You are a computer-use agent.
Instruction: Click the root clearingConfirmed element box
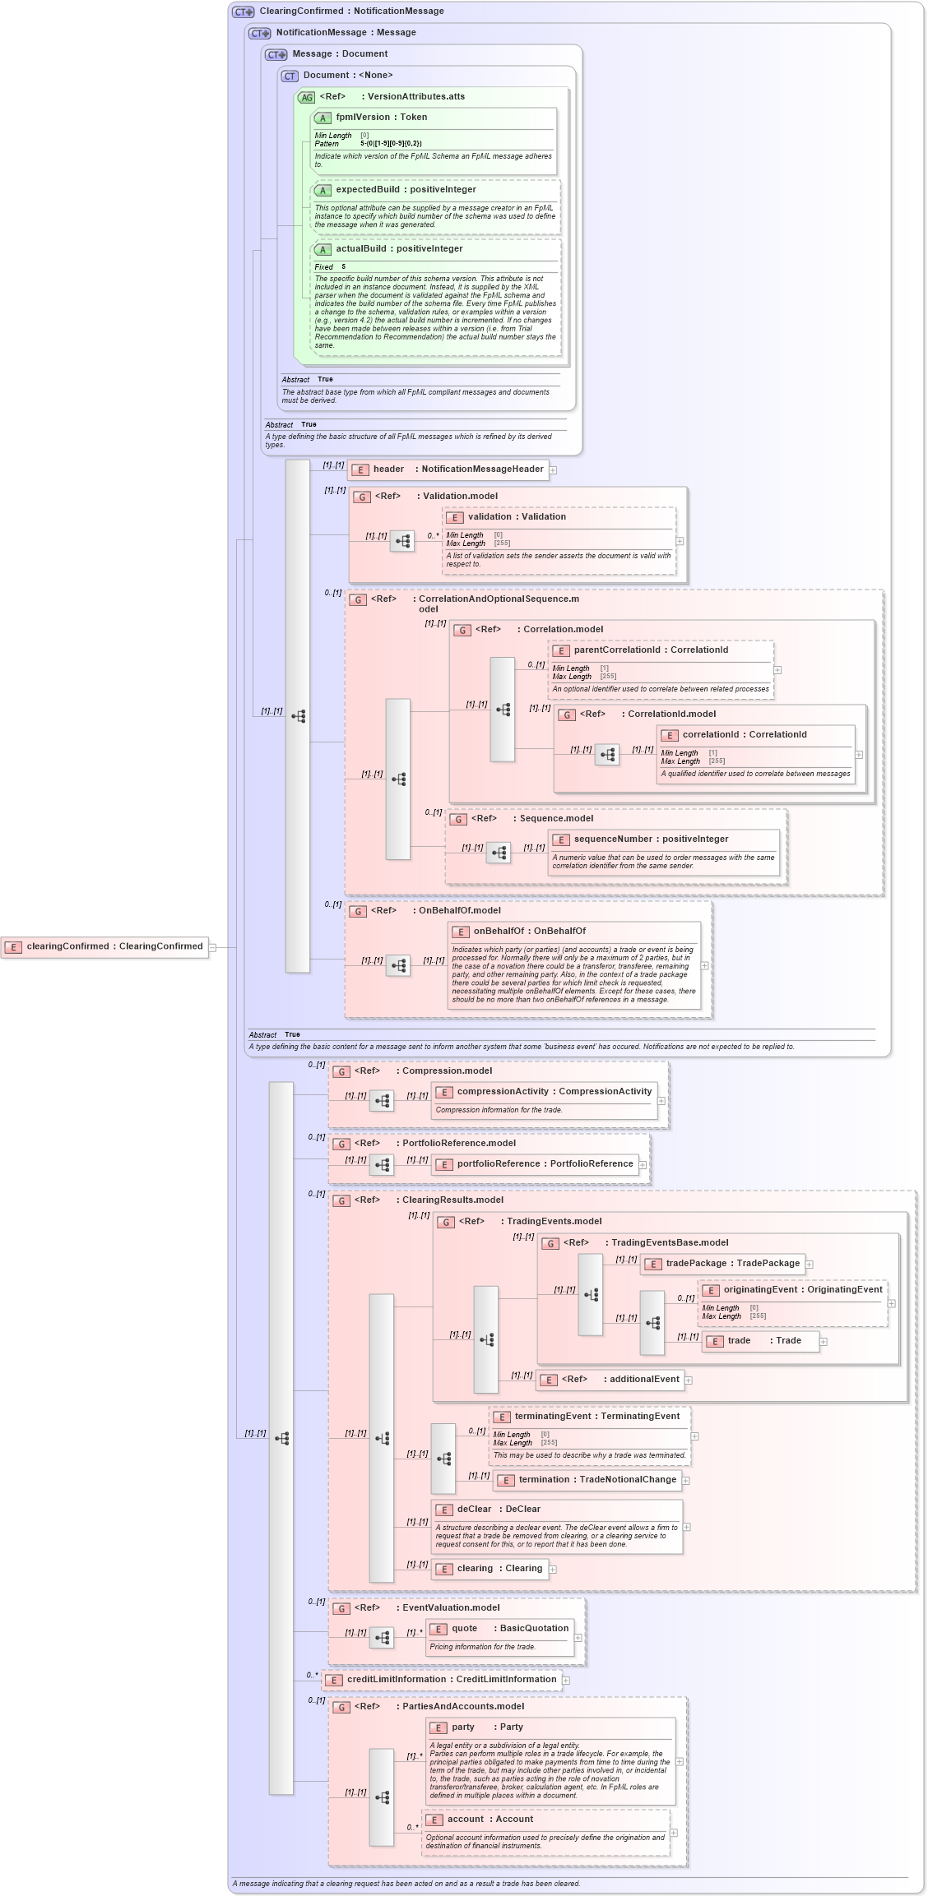pos(104,946)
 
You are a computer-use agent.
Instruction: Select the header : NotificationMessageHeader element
pos(448,469)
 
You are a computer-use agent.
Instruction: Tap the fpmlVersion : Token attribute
pos(381,118)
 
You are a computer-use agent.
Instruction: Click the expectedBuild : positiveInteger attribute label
pos(394,190)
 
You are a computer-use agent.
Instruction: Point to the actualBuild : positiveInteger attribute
pos(399,249)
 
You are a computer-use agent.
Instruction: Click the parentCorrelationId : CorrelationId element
pos(650,650)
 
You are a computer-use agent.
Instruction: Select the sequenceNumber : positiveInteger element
pos(650,839)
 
